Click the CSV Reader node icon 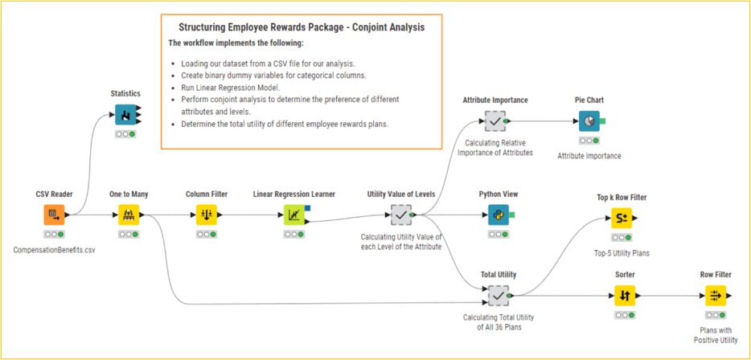coord(54,215)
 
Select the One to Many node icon coord(129,215)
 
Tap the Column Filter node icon coord(207,215)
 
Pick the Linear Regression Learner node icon coord(294,215)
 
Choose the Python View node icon coord(499,215)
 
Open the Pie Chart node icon coord(589,121)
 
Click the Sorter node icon coord(625,296)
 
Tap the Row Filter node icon coord(715,296)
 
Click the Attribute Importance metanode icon coord(495,121)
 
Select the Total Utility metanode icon coord(499,296)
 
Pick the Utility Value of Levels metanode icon coord(400,215)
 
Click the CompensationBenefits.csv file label coord(54,250)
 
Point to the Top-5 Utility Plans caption coord(621,253)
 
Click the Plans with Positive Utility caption coord(715,335)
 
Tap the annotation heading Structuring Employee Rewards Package coord(302,27)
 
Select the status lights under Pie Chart coord(589,140)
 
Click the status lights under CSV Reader coord(54,234)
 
